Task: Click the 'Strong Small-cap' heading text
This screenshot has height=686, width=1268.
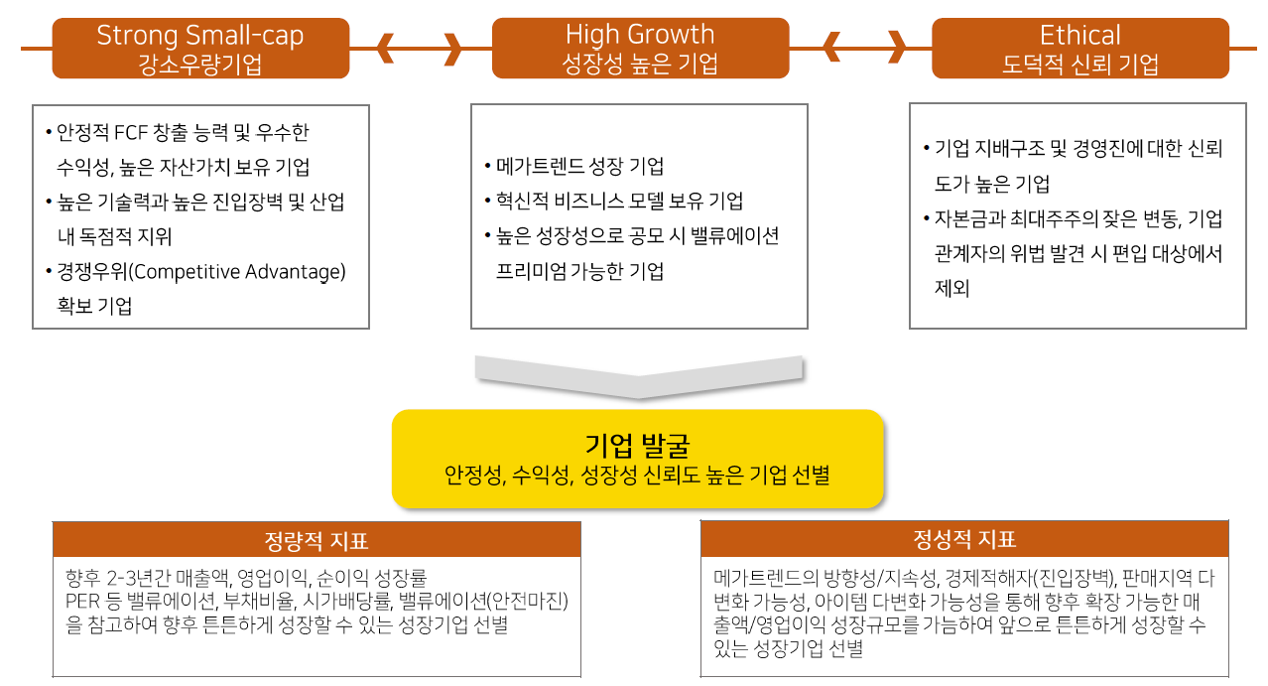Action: (x=200, y=36)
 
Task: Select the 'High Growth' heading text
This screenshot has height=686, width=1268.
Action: (x=640, y=35)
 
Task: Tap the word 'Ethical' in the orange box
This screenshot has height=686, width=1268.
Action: (x=1079, y=36)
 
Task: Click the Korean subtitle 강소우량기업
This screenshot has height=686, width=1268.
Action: (x=200, y=66)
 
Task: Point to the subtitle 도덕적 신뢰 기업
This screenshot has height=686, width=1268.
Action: (x=1079, y=66)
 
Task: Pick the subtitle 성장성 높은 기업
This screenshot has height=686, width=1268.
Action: (x=640, y=66)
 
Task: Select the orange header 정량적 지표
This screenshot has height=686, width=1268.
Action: (x=316, y=541)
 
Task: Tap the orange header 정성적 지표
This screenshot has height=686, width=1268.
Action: (x=964, y=539)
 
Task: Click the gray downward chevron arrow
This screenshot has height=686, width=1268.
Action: (x=639, y=375)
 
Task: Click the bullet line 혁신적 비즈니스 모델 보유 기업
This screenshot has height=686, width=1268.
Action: (x=619, y=201)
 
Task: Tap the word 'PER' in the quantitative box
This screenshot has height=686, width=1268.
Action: (x=80, y=601)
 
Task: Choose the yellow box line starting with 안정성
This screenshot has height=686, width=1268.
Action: (x=637, y=475)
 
